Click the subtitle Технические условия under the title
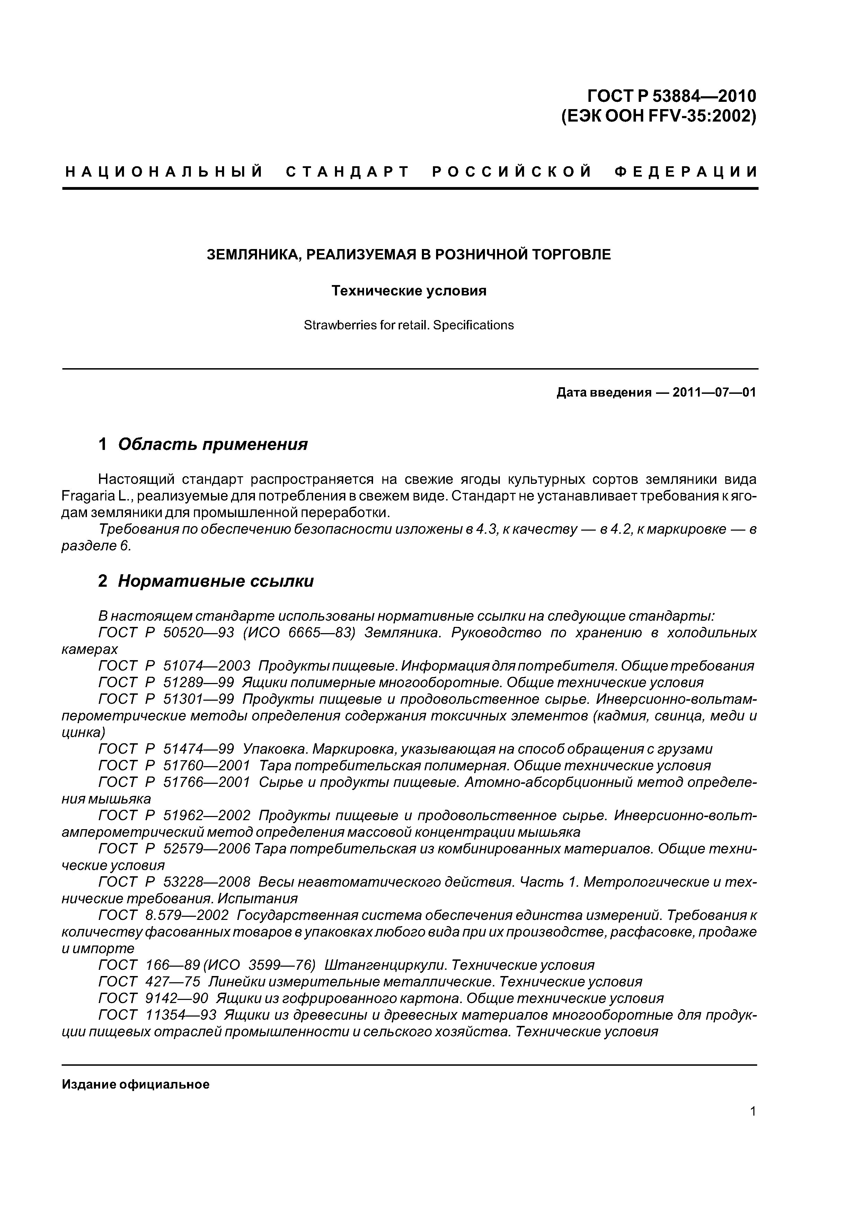click(x=409, y=291)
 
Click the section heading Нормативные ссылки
click(x=215, y=581)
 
